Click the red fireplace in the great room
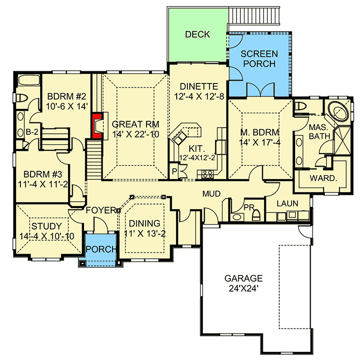point(98,126)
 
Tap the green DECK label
point(198,34)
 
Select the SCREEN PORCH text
point(259,59)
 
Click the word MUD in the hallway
point(212,194)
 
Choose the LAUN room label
point(287,203)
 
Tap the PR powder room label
point(249,207)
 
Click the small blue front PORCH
point(101,249)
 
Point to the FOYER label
point(100,211)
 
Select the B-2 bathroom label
point(32,131)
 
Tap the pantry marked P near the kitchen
point(174,171)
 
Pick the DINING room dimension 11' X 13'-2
point(145,234)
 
